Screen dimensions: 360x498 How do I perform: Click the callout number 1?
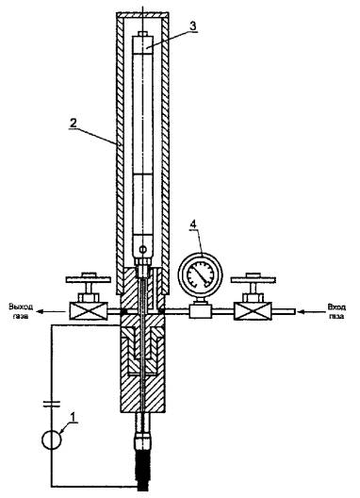tap(74, 416)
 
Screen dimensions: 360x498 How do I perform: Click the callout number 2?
tap(74, 124)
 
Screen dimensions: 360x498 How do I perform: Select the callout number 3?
tap(193, 25)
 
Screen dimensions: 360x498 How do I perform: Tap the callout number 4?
tap(193, 224)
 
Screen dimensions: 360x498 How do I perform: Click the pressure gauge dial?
tap(201, 274)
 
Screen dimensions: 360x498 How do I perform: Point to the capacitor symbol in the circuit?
tap(52, 404)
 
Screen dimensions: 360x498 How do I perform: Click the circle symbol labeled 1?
tap(52, 440)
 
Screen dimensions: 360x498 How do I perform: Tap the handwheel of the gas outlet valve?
tap(89, 279)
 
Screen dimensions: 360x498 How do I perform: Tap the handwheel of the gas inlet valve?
tap(253, 279)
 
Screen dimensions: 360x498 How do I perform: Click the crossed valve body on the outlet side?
tap(88, 311)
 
